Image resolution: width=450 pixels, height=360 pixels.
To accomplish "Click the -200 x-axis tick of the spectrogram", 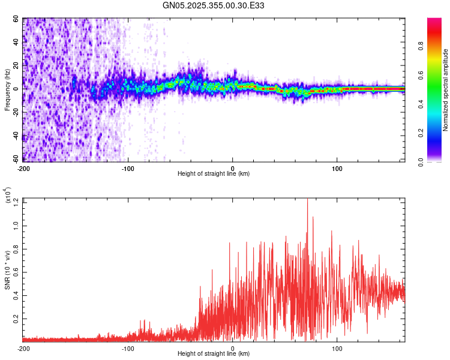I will pos(24,167).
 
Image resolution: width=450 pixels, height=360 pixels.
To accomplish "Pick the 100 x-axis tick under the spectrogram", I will pos(337,167).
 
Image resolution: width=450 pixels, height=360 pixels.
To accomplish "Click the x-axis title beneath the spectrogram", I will pos(214,173).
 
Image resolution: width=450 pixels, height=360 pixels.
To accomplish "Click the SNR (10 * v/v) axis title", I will pos(8,270).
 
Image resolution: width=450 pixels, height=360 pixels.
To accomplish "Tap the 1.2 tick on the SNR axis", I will pos(16,204).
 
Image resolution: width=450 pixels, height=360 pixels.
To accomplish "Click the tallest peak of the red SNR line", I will pos(307,200).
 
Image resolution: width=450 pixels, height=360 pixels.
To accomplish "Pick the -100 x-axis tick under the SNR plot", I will pos(128,348).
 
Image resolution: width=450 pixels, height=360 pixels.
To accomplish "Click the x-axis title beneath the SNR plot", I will pos(214,354).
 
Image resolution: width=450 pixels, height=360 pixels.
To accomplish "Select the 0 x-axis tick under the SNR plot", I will pos(233,348).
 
